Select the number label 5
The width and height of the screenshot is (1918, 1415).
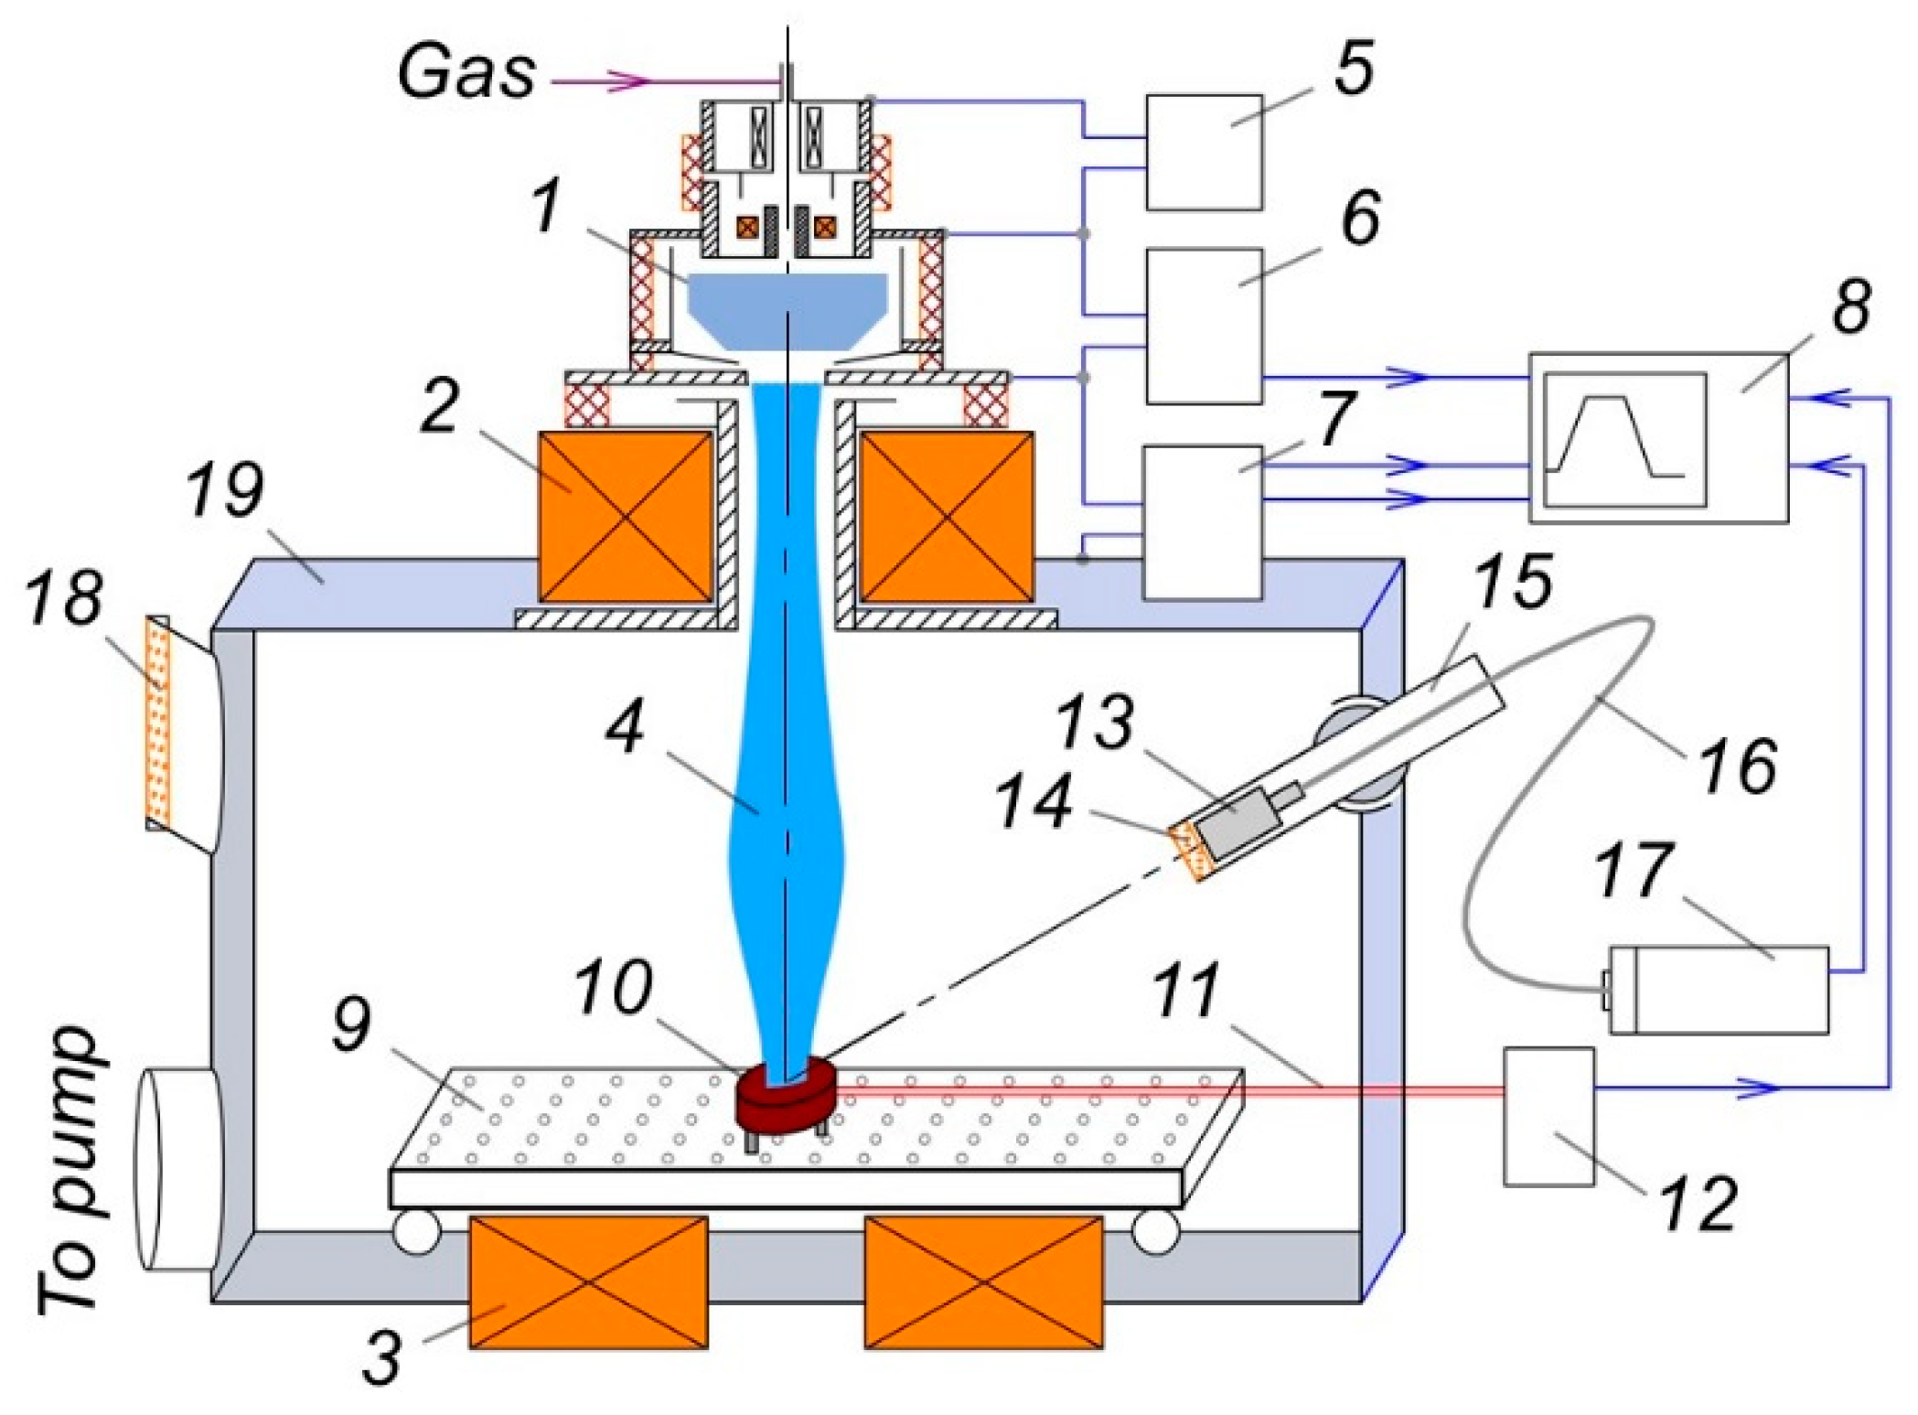[1354, 69]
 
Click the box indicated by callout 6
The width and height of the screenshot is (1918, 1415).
[1204, 326]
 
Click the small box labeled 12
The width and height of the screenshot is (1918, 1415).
[1549, 1116]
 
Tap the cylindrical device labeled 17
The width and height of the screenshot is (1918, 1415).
[1720, 990]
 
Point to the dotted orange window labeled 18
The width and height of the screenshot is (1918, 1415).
[158, 723]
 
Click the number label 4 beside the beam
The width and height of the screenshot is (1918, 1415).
[627, 727]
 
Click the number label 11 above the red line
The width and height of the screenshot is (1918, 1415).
[1186, 991]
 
